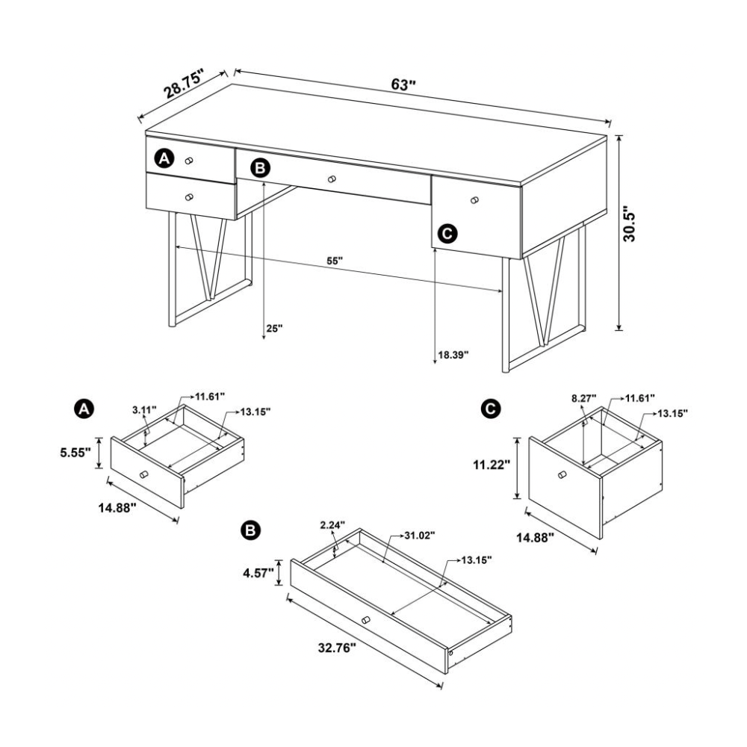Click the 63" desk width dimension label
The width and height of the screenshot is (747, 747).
tap(403, 85)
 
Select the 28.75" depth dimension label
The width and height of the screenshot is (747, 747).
tap(184, 84)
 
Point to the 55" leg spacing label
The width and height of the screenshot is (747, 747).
tap(335, 261)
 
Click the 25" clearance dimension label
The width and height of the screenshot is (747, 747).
tap(274, 328)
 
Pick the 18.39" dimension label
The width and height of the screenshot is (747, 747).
tap(453, 354)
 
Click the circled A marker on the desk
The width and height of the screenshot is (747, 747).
tap(164, 158)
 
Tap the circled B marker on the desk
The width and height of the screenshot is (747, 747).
tap(261, 167)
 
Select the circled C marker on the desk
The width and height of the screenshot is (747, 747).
tap(447, 233)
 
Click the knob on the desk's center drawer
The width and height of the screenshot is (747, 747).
tap(332, 179)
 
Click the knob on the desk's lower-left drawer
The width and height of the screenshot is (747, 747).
tap(189, 196)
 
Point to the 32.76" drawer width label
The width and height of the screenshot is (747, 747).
tap(337, 648)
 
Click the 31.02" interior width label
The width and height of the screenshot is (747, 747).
tap(420, 536)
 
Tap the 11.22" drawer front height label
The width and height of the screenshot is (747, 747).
tap(492, 465)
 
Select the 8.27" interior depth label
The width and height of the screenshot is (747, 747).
tap(583, 399)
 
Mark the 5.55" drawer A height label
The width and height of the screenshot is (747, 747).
tap(75, 453)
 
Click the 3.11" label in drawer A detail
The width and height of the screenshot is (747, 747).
tap(144, 409)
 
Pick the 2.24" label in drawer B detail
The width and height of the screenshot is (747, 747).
tap(332, 525)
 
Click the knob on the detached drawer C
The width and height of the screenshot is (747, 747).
tap(562, 474)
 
